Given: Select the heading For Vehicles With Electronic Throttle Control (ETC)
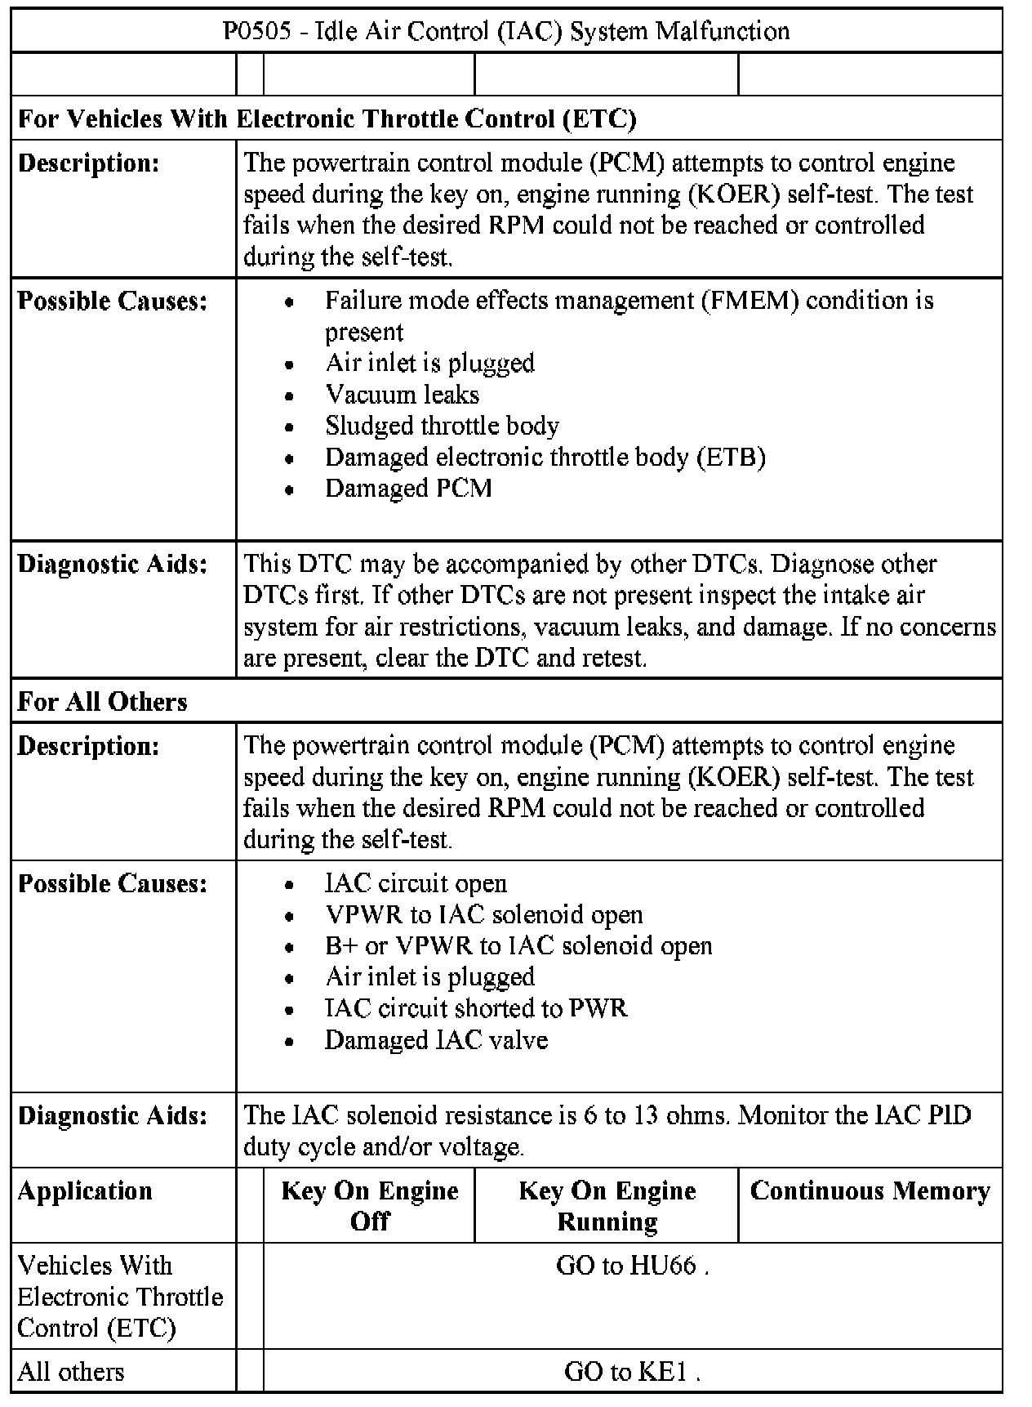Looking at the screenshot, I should coord(327,119).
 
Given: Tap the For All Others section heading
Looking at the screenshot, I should coord(102,702).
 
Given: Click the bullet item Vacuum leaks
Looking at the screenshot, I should coord(402,395).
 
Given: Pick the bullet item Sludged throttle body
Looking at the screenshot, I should coord(442,426).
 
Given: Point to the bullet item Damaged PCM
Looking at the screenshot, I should coord(408,489).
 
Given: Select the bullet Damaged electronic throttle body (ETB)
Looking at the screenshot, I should coord(545,457).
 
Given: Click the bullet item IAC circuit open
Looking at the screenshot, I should coord(416,883).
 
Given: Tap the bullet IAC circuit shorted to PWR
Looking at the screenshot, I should coord(476,1008).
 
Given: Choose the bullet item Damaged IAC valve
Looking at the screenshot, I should coord(436,1040).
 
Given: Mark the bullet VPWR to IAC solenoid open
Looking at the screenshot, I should coord(483,914).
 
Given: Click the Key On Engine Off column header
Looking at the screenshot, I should coord(369,1205).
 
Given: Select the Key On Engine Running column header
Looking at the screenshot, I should coord(607,1205).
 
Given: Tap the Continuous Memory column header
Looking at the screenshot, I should coord(870,1191).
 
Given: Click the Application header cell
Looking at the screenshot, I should coord(85,1191).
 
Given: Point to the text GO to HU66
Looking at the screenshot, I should coord(630,1266).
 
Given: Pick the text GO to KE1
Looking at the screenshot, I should coord(630,1371).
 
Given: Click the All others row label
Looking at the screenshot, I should coord(71,1371).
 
